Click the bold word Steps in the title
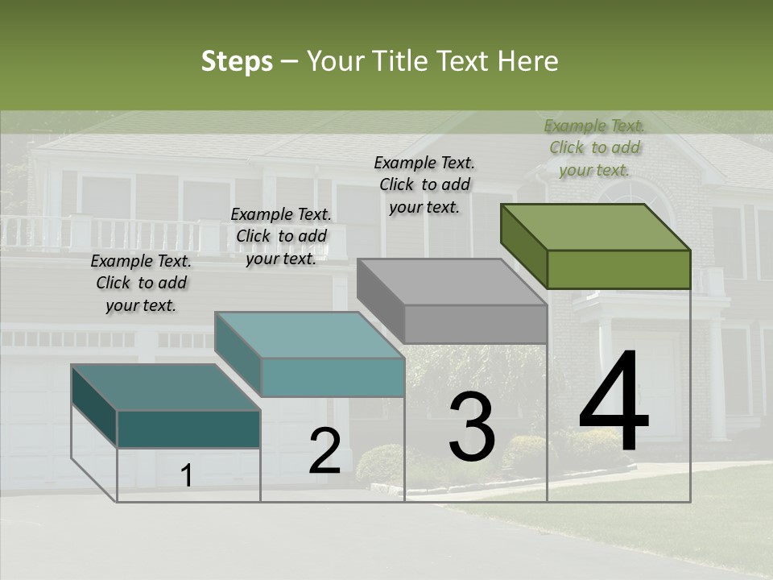tap(237, 61)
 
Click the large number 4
tap(614, 404)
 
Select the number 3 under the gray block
tap(472, 428)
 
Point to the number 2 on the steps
tap(324, 452)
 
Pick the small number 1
tap(187, 476)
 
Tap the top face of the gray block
tap(452, 282)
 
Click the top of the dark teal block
tap(166, 387)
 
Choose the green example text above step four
tap(594, 147)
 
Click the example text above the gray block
tap(424, 184)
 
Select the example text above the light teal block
tap(281, 236)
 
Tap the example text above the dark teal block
tap(141, 283)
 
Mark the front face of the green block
tap(618, 269)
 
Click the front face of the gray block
tap(475, 324)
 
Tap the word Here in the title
tap(527, 61)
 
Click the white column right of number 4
tap(717, 379)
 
